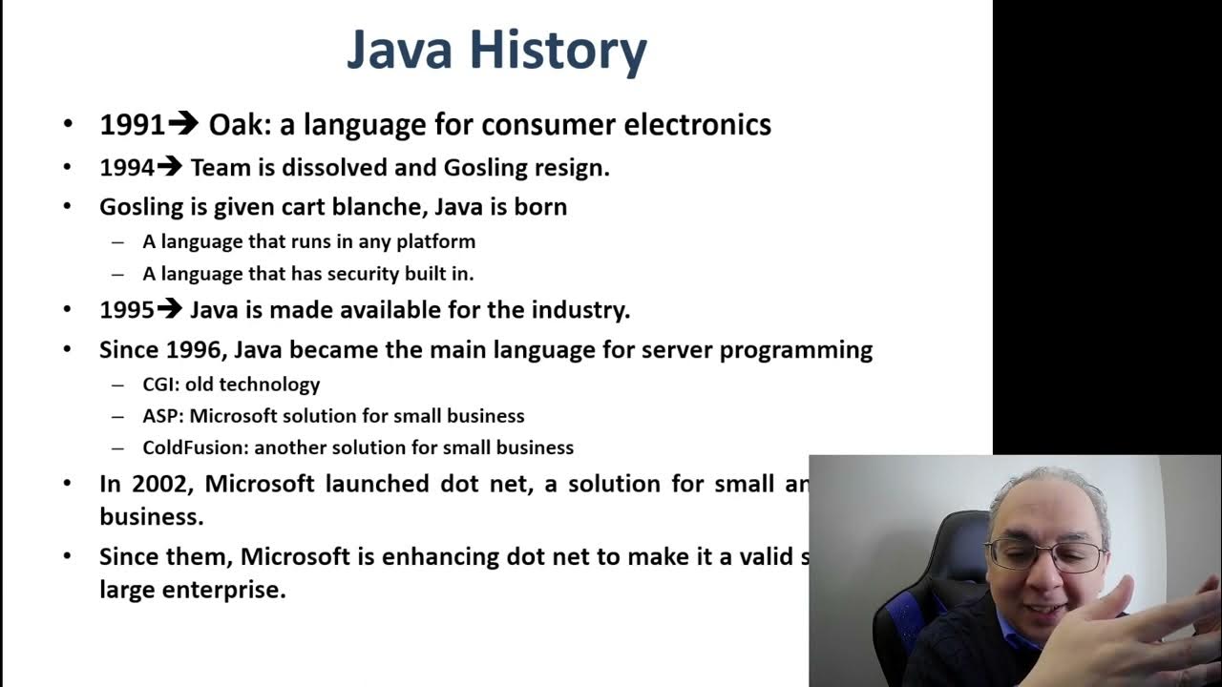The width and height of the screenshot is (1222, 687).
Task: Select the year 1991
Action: (132, 125)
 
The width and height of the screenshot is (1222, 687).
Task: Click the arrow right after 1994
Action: (169, 167)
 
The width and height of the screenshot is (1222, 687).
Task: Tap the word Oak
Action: (239, 125)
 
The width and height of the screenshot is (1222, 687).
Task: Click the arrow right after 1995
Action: (169, 309)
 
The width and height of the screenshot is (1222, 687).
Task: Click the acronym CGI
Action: (159, 385)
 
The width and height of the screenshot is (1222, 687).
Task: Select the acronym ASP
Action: (160, 416)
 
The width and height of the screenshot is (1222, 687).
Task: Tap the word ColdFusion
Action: (194, 448)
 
